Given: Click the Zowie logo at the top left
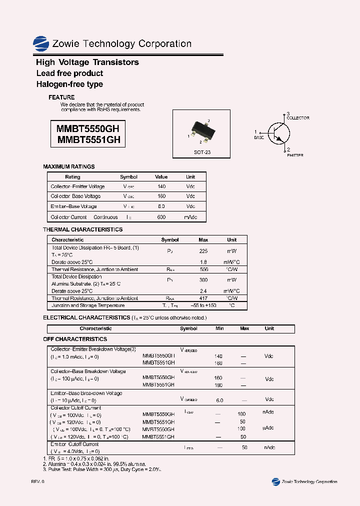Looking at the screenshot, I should click(x=40, y=44).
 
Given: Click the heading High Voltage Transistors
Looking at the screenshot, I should click(x=87, y=62).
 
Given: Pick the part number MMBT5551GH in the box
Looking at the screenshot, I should click(x=88, y=140).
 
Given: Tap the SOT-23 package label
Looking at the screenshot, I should click(x=202, y=152).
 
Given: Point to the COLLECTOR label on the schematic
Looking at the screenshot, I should click(x=297, y=118).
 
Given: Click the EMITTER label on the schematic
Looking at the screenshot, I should click(x=294, y=155).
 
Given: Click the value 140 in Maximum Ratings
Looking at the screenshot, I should click(x=161, y=186).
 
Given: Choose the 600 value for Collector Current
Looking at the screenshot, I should click(x=161, y=217).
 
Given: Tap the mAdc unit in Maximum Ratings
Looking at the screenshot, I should click(x=190, y=217).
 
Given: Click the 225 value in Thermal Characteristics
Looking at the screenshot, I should click(x=203, y=251).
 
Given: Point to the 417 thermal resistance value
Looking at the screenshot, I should click(x=203, y=298).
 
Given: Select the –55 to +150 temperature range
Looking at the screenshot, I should click(x=203, y=305).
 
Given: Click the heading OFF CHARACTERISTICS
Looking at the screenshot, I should click(x=75, y=339).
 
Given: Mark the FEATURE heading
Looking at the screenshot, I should click(x=61, y=97).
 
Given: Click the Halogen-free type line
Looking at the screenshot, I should click(x=69, y=84).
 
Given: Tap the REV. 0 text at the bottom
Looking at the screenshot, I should click(x=37, y=481).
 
